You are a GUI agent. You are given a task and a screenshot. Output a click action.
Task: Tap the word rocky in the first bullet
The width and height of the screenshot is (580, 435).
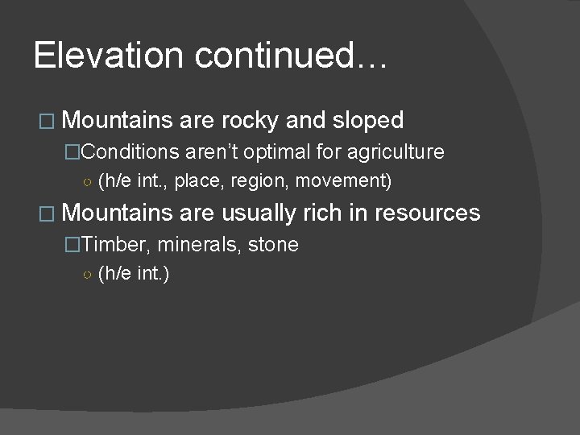pyautogui.click(x=249, y=121)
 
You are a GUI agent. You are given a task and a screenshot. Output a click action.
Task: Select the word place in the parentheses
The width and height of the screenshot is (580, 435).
pyautogui.click(x=195, y=181)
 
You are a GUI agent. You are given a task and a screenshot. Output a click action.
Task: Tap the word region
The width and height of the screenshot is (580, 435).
pyautogui.click(x=259, y=181)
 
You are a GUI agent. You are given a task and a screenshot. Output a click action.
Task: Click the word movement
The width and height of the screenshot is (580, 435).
pyautogui.click(x=343, y=181)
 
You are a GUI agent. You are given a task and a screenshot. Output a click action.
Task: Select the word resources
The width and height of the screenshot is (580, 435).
pyautogui.click(x=427, y=213)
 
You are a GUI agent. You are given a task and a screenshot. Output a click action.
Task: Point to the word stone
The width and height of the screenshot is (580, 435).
pyautogui.click(x=273, y=244)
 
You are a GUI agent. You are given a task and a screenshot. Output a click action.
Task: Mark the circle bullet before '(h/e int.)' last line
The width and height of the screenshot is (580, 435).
pyautogui.click(x=86, y=275)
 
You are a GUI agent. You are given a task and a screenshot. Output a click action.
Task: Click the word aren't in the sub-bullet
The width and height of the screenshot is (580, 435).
pyautogui.click(x=213, y=152)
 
